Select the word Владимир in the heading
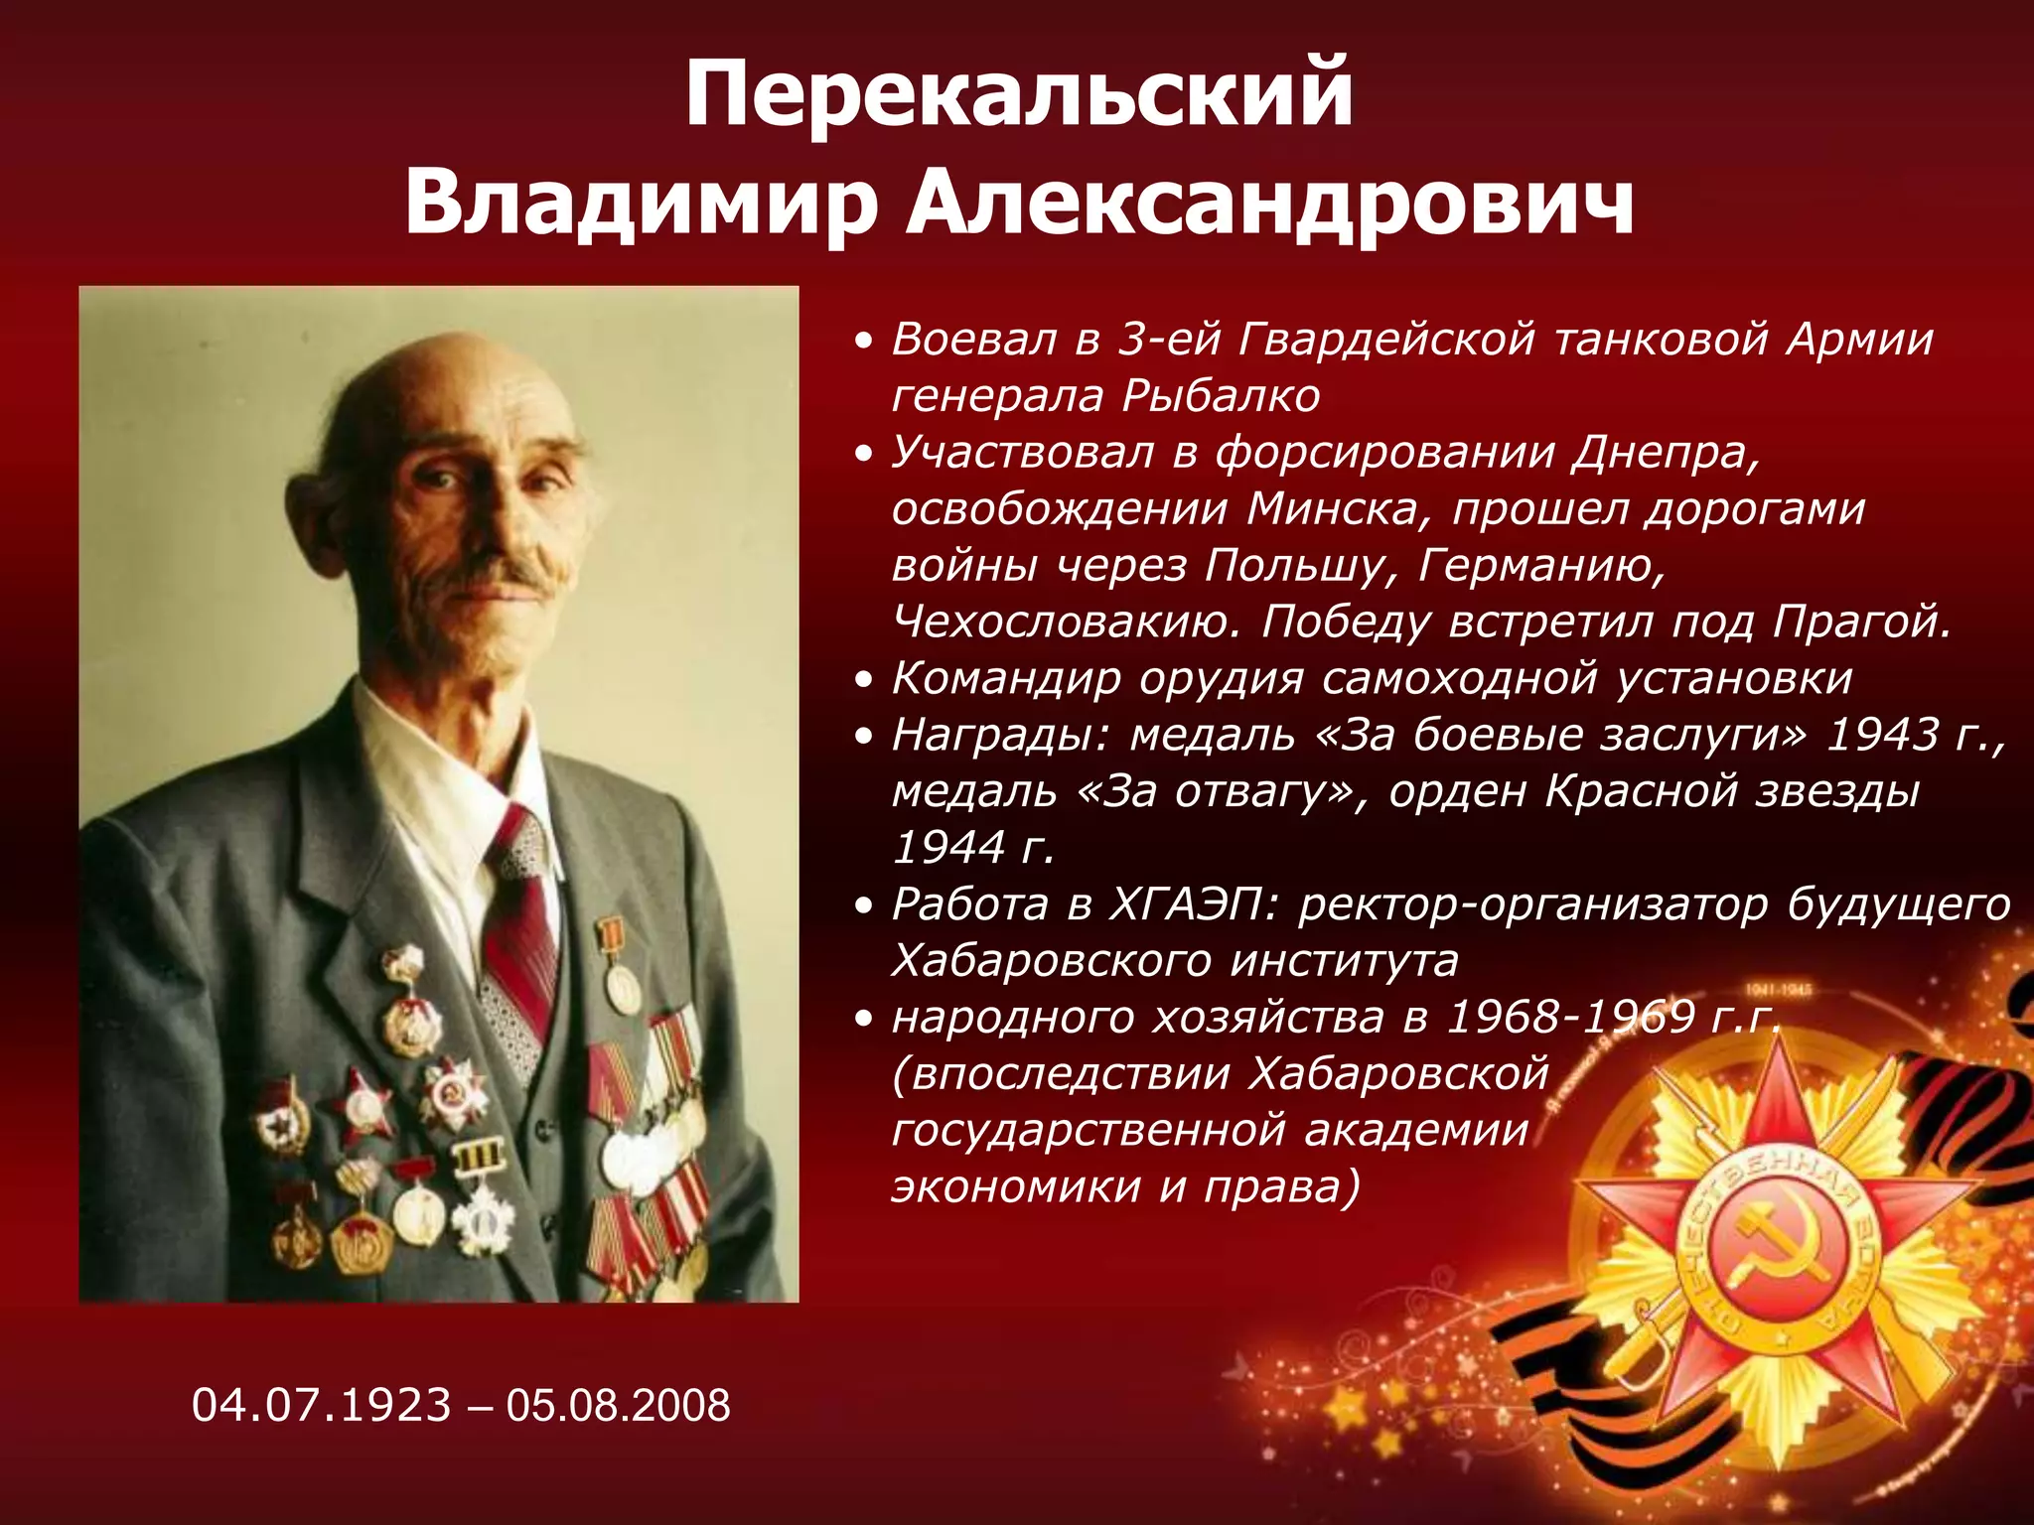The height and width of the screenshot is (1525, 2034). (641, 203)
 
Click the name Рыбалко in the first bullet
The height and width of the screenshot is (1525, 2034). (1221, 396)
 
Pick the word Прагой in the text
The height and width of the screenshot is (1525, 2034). (1863, 623)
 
